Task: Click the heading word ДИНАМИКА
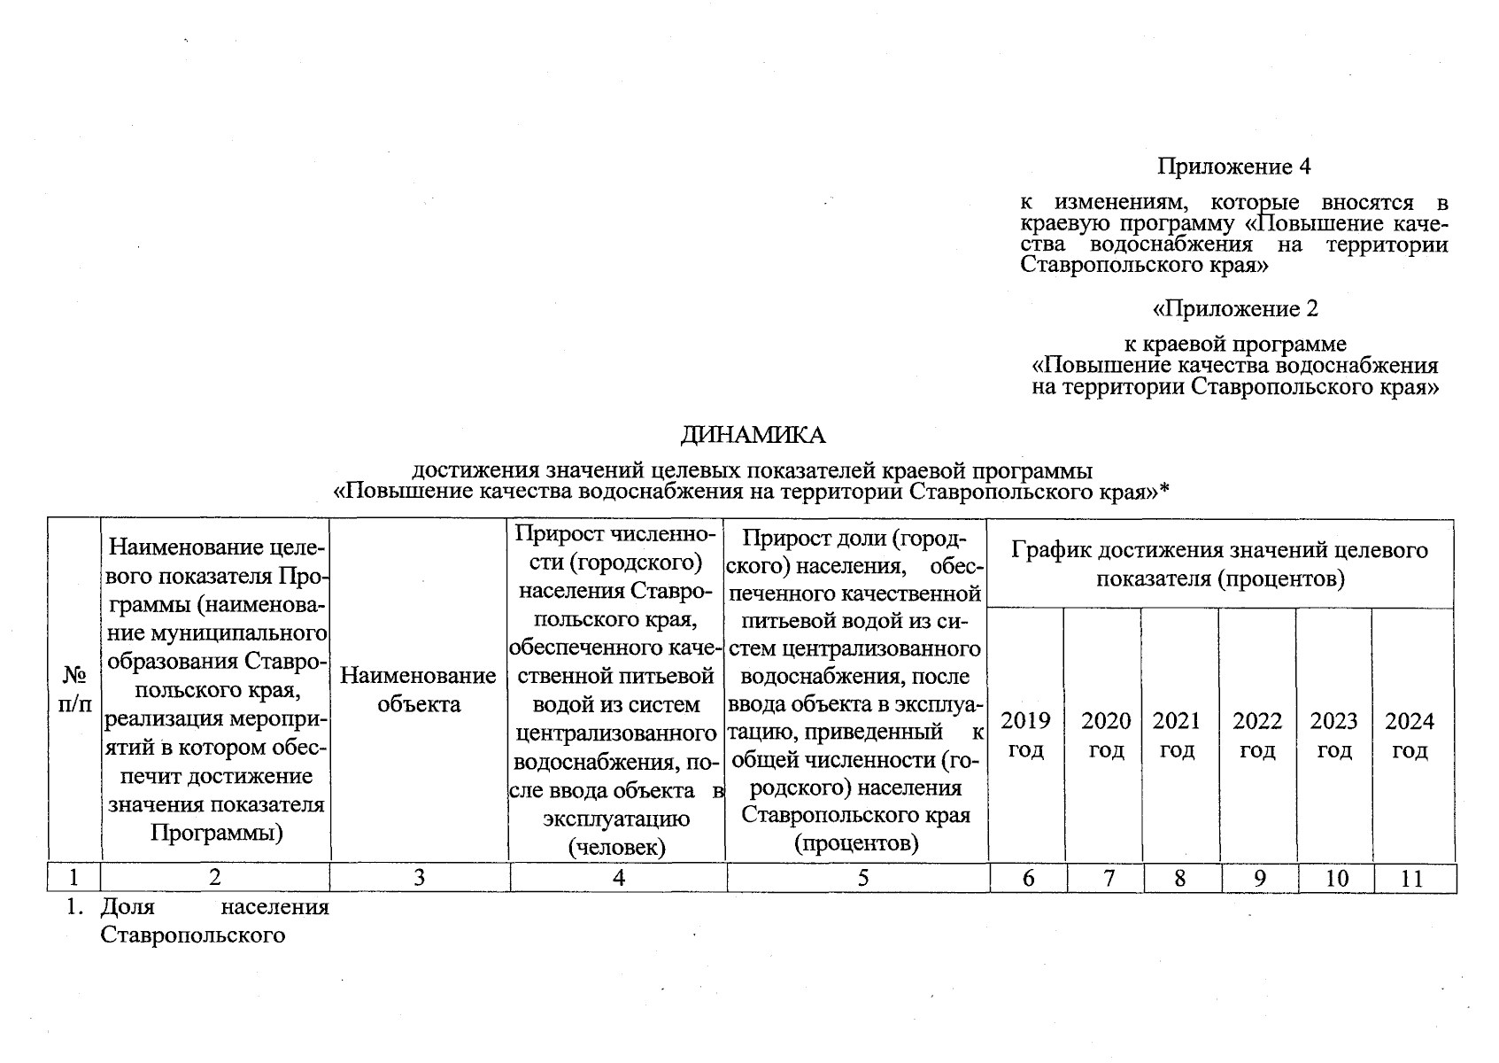coord(753,435)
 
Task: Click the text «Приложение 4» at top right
coord(1233,167)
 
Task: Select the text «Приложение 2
coord(1234,308)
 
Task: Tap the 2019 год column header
coord(1025,735)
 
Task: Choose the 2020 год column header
coord(1106,735)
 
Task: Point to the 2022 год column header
coord(1257,735)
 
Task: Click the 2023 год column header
coord(1333,735)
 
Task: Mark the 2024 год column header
coord(1410,735)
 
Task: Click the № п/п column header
coord(74,690)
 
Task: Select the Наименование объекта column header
coord(418,690)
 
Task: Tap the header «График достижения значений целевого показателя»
coord(1219,564)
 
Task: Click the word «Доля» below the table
coord(127,907)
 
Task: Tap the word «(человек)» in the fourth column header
coord(616,847)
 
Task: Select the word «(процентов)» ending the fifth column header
coord(856,842)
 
